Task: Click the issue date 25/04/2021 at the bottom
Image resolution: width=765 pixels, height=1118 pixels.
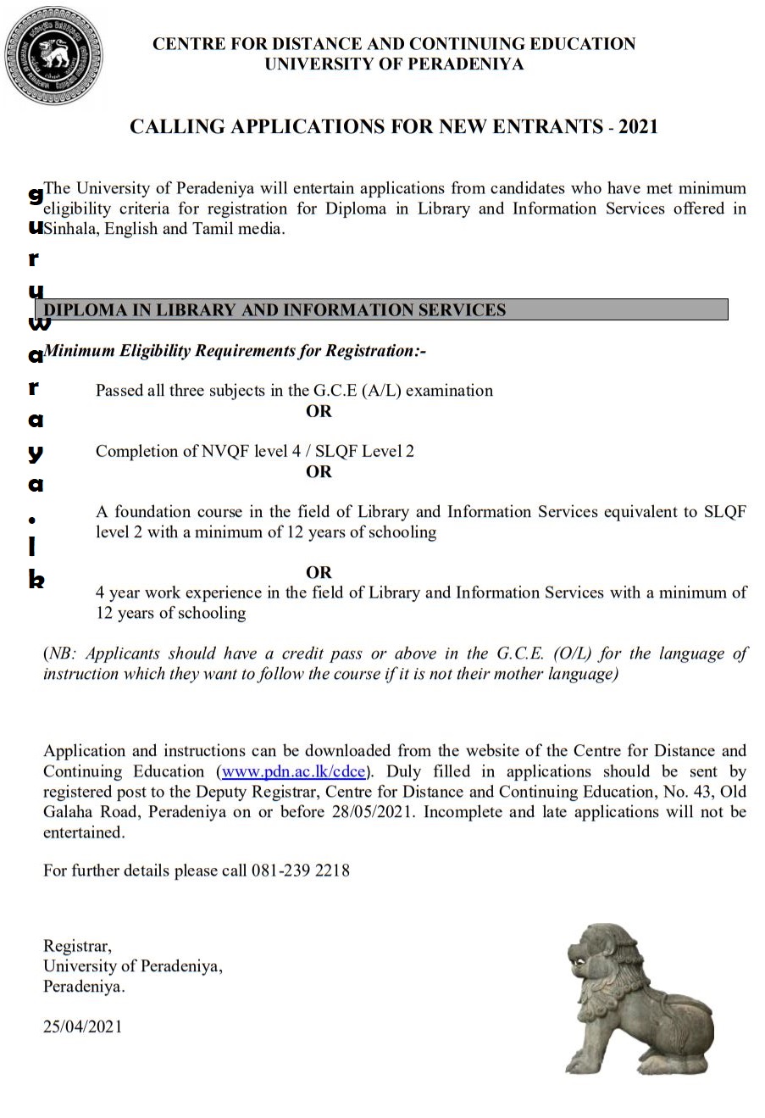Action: pos(83,1026)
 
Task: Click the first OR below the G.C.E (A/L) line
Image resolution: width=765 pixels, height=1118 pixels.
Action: pos(319,412)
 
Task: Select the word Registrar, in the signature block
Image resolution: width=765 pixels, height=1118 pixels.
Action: pos(77,946)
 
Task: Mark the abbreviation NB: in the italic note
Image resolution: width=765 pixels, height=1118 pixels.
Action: pos(64,654)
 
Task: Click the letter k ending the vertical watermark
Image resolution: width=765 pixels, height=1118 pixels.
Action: pos(36,581)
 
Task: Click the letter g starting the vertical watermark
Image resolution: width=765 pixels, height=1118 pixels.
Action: pos(36,195)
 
